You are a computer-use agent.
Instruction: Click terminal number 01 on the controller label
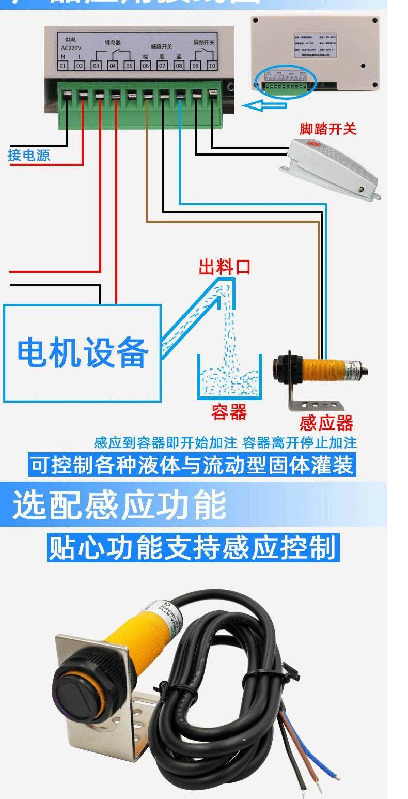(63, 66)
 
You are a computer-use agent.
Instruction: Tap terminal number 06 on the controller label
(146, 66)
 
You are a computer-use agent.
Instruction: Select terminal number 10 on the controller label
(212, 66)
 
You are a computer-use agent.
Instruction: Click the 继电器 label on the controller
(113, 43)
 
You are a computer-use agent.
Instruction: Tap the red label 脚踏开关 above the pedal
(327, 129)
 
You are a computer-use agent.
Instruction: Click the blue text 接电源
(29, 155)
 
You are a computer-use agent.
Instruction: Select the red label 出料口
(225, 267)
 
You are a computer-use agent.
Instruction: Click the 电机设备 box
(83, 352)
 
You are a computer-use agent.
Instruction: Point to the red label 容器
(229, 412)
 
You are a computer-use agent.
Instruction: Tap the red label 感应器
(326, 423)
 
